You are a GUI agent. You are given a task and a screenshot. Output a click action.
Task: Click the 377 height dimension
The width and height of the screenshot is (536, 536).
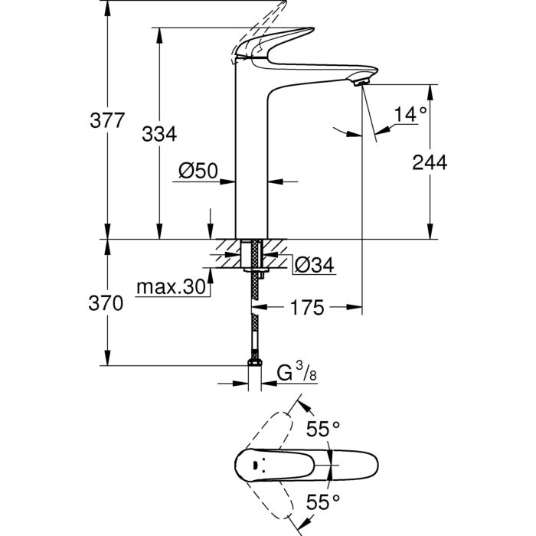pos(107,120)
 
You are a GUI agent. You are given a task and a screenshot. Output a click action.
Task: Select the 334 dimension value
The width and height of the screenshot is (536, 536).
pos(159,134)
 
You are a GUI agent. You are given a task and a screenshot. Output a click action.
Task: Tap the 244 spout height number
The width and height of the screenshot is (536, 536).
pos(430,162)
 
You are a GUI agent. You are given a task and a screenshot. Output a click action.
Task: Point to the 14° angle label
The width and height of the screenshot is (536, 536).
pos(410,114)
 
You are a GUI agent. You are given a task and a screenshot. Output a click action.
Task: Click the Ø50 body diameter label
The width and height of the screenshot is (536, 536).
pos(198,170)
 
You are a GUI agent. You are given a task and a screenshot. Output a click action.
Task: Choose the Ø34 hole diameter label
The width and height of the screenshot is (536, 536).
pos(315,265)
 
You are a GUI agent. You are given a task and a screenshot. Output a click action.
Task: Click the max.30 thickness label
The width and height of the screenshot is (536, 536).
pos(171,287)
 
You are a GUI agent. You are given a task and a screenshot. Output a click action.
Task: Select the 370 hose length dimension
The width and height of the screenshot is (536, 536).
pos(106,303)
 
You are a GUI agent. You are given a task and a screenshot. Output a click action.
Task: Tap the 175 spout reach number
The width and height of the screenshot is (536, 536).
pos(307,307)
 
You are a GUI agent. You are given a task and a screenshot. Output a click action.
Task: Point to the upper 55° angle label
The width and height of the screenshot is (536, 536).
pos(323,429)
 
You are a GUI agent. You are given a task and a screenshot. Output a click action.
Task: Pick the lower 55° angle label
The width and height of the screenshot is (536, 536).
pos(323,502)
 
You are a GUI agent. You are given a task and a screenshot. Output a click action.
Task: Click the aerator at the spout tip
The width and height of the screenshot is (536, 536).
pos(361,83)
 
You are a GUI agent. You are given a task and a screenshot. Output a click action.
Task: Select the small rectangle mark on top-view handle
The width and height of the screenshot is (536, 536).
pos(255,465)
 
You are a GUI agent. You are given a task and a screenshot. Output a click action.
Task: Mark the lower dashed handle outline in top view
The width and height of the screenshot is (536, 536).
pos(270,499)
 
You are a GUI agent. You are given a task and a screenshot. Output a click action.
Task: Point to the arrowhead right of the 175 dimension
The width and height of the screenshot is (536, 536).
pos(354,307)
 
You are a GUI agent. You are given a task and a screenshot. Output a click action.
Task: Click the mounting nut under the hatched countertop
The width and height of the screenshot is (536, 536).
pos(257,271)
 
